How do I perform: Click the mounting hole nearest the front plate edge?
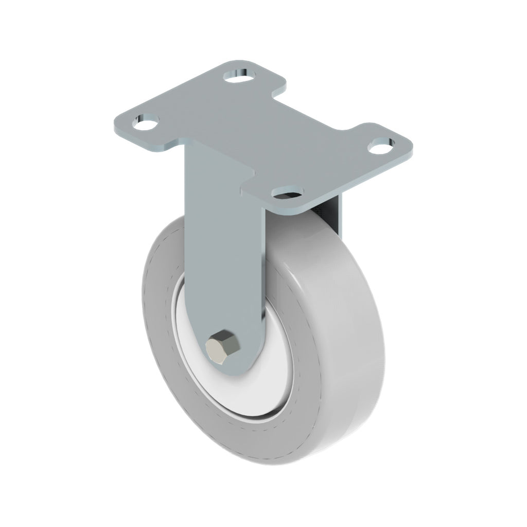tap(287, 194)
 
